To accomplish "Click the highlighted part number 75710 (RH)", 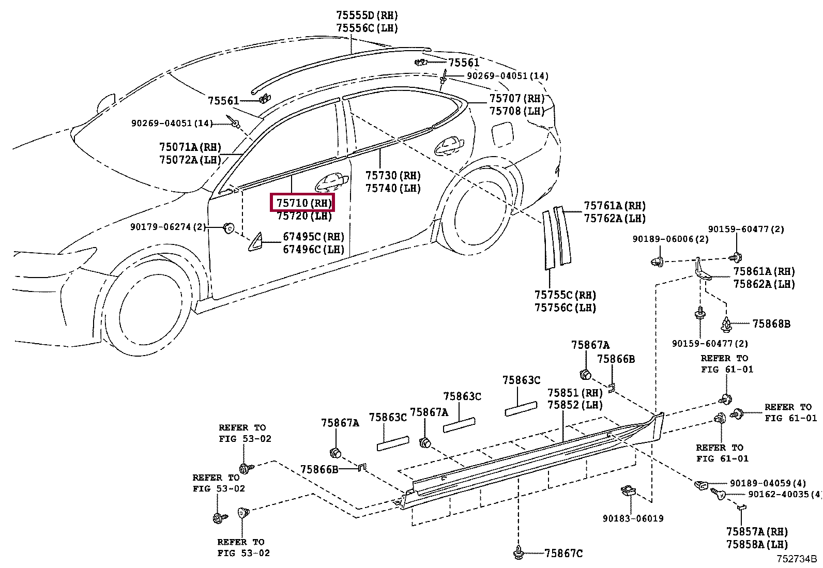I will [303, 203].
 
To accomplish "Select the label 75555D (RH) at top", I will [367, 16].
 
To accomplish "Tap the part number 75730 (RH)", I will [393, 176].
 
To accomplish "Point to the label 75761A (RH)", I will [615, 206].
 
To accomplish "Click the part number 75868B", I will [771, 324].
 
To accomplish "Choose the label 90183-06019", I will [633, 518].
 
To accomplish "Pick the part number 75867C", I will [563, 554].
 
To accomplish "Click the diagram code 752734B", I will [796, 559].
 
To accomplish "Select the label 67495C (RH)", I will [313, 237].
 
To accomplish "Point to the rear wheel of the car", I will [476, 217].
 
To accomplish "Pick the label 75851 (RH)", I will [575, 393].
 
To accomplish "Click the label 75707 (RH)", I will [517, 99].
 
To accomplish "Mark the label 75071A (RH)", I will [190, 147].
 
